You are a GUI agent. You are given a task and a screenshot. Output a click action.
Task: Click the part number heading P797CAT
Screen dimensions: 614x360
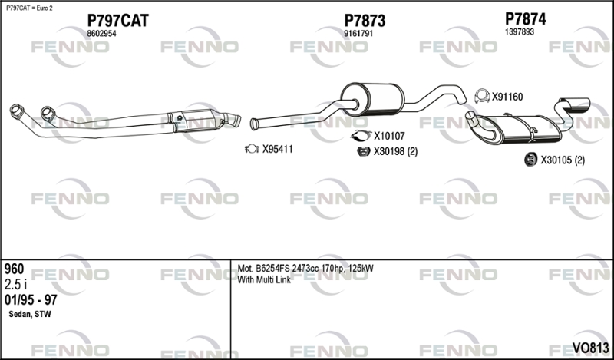click(117, 21)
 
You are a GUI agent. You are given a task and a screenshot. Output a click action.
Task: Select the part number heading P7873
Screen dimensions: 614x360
click(365, 21)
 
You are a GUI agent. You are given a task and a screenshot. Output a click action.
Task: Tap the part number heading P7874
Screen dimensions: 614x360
click(525, 18)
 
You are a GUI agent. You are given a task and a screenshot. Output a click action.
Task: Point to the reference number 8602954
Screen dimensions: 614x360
click(101, 34)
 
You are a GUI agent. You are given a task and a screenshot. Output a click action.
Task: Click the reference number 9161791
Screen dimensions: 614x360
click(358, 34)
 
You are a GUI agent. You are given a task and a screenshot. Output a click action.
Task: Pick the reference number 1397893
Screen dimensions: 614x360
click(520, 32)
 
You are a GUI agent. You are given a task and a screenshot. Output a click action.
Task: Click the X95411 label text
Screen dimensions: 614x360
click(277, 149)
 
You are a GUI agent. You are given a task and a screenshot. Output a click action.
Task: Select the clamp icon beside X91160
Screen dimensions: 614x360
click(482, 97)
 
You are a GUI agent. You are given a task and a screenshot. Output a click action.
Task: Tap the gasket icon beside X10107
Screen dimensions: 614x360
click(361, 136)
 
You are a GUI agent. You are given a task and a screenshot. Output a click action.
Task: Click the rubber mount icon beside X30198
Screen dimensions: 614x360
click(364, 151)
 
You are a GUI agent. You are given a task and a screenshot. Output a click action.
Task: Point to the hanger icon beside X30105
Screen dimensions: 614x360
click(530, 160)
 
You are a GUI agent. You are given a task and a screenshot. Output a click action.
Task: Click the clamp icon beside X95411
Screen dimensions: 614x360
click(252, 149)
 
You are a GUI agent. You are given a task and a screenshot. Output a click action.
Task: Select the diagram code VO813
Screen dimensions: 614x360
click(590, 348)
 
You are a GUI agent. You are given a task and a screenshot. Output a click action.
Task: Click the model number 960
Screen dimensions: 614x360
click(14, 269)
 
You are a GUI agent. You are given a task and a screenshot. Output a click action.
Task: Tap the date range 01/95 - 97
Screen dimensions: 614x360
click(31, 300)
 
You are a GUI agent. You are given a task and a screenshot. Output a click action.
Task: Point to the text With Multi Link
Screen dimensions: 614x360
click(264, 279)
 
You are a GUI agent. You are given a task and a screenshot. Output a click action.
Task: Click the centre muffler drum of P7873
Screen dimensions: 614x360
click(372, 100)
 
